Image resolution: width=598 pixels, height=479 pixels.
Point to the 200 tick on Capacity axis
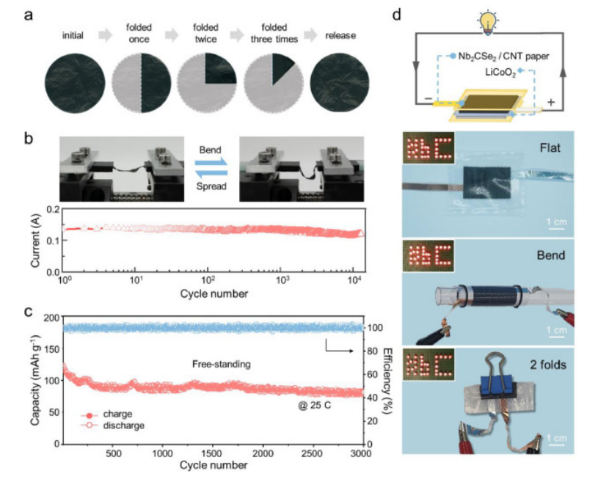(50, 318)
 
